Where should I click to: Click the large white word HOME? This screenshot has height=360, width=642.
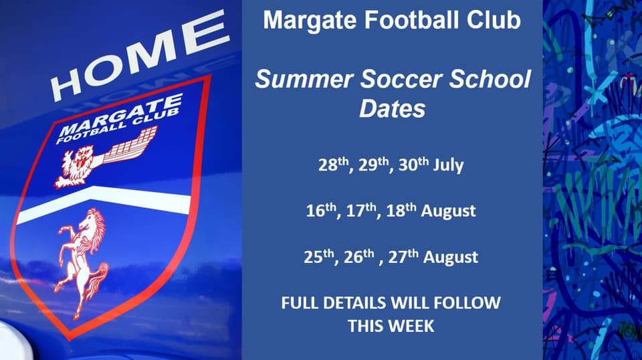coord(137,57)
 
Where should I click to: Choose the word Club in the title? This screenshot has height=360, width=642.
coord(496,20)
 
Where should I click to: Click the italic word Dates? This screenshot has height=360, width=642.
coord(392,108)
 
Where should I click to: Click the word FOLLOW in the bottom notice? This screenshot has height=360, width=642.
coord(466,302)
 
